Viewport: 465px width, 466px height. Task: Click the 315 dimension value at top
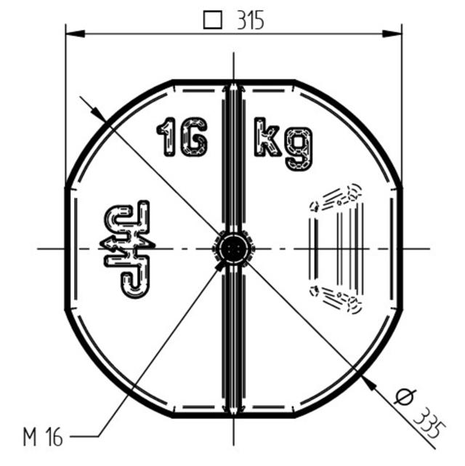pos(251,20)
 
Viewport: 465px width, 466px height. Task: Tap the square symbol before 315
pos(212,20)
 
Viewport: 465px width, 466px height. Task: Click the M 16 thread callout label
pos(43,438)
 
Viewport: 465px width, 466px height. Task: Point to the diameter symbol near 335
pos(403,398)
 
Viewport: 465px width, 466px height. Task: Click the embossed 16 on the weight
pos(182,137)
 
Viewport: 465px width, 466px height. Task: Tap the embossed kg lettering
pos(283,142)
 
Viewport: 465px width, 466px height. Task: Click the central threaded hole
pos(233,249)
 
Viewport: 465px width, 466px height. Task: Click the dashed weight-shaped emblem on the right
pos(336,249)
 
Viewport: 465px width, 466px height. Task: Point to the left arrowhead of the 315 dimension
pos(71,33)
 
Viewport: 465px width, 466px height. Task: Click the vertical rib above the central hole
pos(233,156)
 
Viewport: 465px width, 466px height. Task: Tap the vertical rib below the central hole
pos(233,342)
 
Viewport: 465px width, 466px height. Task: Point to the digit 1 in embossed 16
pos(167,137)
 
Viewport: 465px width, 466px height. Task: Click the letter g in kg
pos(299,148)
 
